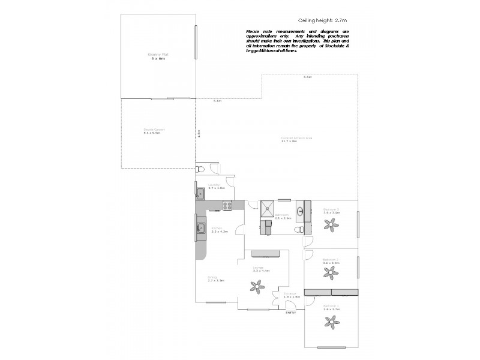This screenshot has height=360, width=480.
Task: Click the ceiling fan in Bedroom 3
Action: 329,225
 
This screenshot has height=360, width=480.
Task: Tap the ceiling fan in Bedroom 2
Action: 329,273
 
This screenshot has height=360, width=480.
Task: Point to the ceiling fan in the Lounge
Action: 258,287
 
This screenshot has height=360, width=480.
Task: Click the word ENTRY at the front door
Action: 290,313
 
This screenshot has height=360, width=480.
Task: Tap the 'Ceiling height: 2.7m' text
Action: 322,20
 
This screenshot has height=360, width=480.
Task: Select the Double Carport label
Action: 154,130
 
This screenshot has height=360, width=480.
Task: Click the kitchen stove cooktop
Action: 228,205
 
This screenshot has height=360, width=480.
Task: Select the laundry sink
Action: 200,193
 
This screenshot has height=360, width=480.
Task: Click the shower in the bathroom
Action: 265,207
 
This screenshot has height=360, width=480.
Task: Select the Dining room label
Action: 216,278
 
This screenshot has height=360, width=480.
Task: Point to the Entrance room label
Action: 291,295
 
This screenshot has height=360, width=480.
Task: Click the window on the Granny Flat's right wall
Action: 195,42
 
